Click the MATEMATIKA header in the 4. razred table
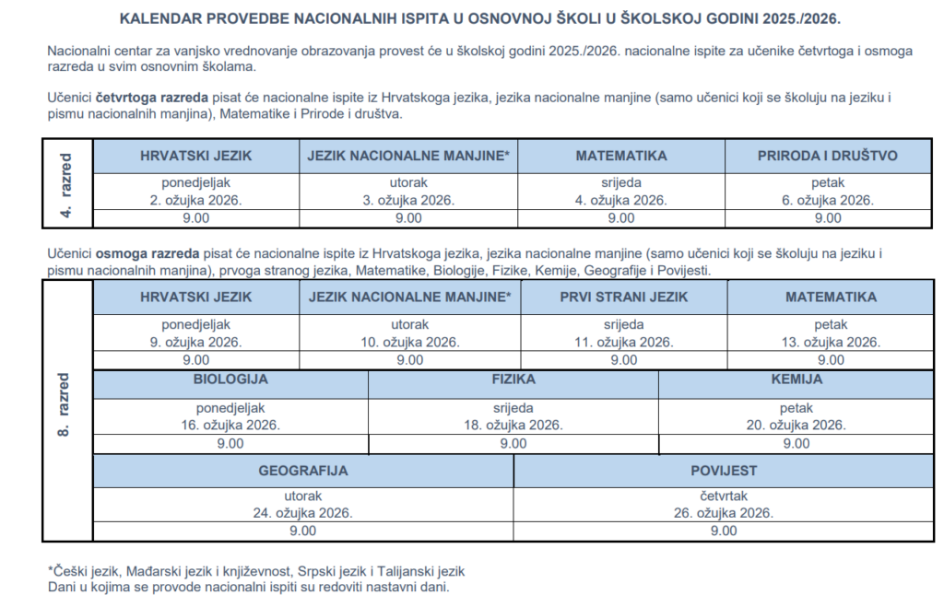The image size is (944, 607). [620, 156]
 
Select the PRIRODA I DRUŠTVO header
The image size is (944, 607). [827, 156]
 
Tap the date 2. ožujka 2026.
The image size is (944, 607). [195, 200]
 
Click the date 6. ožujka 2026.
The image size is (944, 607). [827, 200]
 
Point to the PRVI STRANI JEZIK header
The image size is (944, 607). [623, 297]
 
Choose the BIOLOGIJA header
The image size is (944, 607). [230, 379]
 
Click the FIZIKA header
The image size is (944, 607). [513, 379]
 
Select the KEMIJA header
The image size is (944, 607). [796, 379]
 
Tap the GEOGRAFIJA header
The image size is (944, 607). [302, 470]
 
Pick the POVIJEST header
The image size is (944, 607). [724, 470]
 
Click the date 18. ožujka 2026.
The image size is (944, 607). [513, 425]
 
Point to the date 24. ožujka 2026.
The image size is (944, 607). [302, 513]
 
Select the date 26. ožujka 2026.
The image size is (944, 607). [724, 513]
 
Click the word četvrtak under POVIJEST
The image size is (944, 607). [724, 496]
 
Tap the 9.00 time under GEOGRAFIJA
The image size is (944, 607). [302, 531]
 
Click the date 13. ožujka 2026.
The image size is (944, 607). [831, 342]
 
